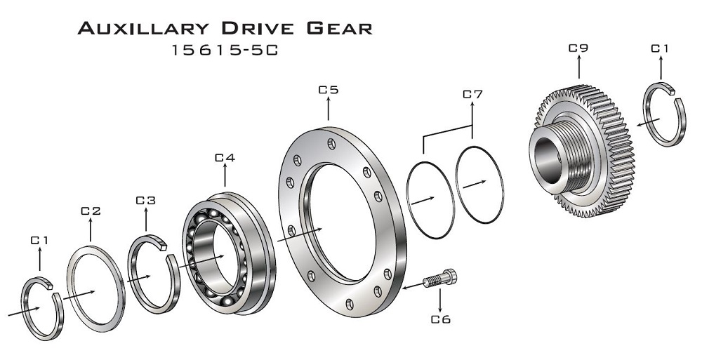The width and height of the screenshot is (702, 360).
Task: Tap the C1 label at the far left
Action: coord(39,241)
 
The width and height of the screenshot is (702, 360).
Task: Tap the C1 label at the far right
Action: coord(660,48)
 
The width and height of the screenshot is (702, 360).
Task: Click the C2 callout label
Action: coord(91,211)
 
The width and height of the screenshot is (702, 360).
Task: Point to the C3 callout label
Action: coord(145,201)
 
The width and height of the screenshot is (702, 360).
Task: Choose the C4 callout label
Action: coord(225,158)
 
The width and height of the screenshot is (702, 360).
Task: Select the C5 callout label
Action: coord(329,90)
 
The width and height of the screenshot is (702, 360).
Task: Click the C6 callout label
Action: coord(440,320)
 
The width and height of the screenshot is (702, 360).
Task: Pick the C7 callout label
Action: coord(472,94)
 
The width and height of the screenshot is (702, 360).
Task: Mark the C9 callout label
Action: coord(578,48)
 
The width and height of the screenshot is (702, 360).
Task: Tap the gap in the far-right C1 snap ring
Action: coord(673,91)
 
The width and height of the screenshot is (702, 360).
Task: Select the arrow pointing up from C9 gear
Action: coord(578,69)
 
